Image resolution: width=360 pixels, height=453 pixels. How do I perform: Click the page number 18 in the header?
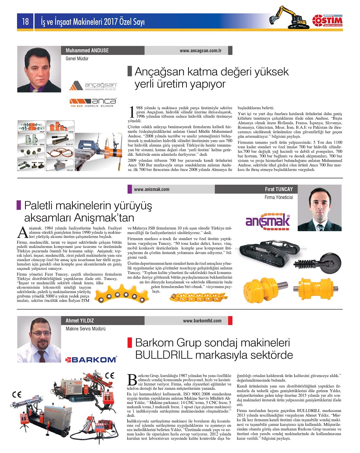(25, 22)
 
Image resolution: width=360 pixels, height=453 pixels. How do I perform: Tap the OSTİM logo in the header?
(327, 20)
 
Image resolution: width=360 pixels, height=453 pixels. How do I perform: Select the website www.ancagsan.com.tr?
(200, 51)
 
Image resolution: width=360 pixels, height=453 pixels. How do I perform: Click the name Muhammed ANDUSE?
(87, 51)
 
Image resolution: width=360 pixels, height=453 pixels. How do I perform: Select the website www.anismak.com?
(152, 189)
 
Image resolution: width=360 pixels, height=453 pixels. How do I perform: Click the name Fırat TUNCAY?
(279, 189)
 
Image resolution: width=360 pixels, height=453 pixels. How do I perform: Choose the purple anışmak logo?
(267, 220)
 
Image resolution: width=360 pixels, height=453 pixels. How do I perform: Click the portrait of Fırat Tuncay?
(320, 208)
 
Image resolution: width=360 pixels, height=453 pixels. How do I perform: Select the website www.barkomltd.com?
(202, 321)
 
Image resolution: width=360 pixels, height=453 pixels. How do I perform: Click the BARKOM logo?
(91, 359)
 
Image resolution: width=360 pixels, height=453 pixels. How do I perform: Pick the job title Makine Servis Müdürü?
(86, 329)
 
